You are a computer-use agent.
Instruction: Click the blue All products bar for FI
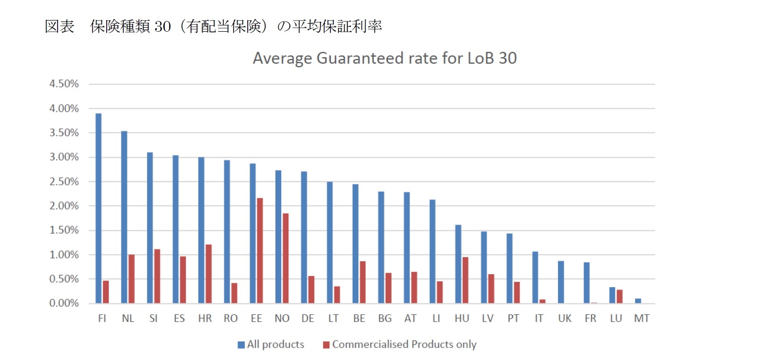tap(99, 208)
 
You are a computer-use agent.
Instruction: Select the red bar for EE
tap(260, 251)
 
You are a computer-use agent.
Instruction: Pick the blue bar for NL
tap(124, 217)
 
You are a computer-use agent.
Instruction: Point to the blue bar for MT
tap(638, 301)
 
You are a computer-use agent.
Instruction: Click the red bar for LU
tap(620, 297)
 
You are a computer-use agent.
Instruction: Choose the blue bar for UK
tap(561, 282)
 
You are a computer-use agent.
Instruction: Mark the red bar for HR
tap(208, 274)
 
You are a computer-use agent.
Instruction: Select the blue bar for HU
tap(458, 264)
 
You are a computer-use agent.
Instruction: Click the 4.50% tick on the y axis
tap(64, 84)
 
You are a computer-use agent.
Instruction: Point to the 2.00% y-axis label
tap(64, 206)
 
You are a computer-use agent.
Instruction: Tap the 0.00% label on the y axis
tap(64, 303)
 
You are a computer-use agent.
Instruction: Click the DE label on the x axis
tap(308, 318)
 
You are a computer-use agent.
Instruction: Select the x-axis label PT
tap(513, 318)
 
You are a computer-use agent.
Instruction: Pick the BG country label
tap(385, 318)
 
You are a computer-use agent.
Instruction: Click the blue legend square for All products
tap(241, 345)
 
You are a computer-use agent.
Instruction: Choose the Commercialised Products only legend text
tap(404, 344)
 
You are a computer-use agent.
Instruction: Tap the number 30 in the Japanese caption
tap(162, 27)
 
